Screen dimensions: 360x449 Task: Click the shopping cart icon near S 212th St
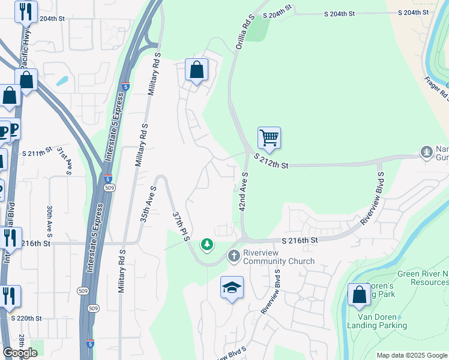tap(270, 138)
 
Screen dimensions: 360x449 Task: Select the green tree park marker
tap(207, 244)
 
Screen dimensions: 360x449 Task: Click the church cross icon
tap(234, 256)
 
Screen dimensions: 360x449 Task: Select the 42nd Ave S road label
tap(244, 191)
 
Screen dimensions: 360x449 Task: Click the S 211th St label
tap(38, 154)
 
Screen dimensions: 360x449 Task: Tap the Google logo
tap(20, 352)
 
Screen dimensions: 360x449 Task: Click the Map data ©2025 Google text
tap(411, 355)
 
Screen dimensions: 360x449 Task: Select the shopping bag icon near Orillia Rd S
tap(196, 70)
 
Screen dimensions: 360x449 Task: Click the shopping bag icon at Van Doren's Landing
tap(360, 295)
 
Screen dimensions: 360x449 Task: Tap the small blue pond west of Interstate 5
tap(62, 80)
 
